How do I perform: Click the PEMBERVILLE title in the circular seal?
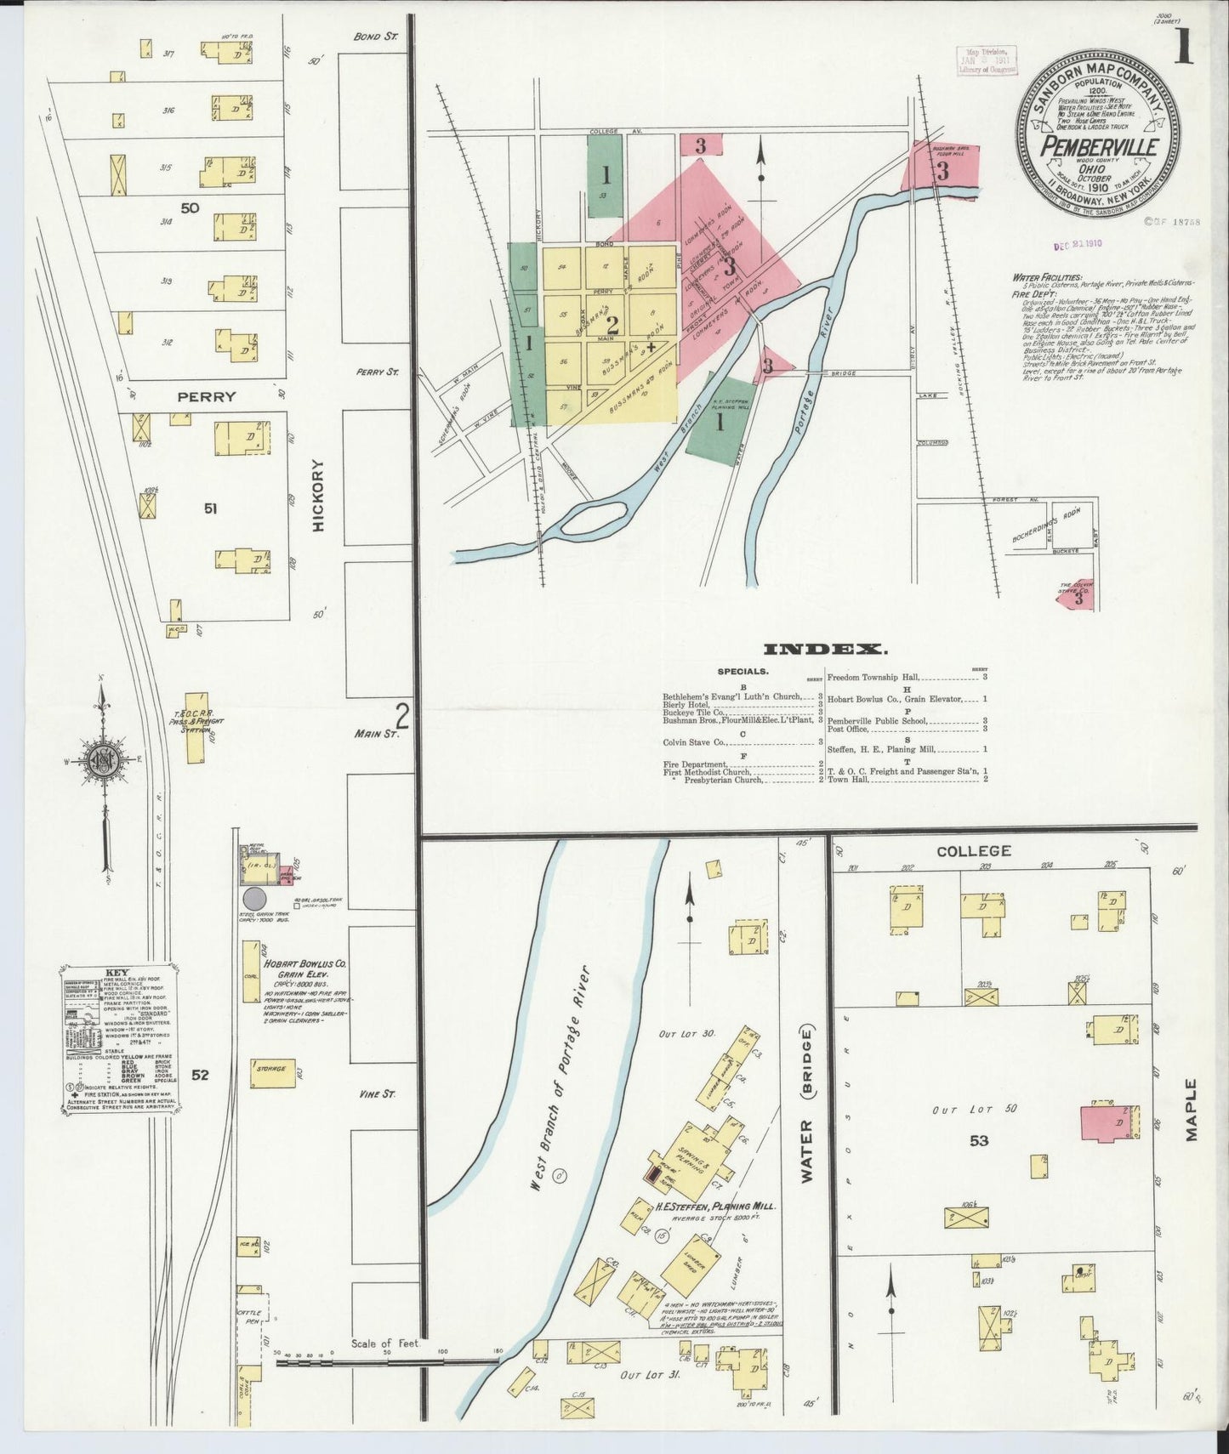1099,146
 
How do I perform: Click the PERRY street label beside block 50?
207,396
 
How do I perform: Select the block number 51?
211,508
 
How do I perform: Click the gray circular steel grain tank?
254,899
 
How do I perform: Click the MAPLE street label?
1191,1110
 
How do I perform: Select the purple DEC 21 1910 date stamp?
1078,243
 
